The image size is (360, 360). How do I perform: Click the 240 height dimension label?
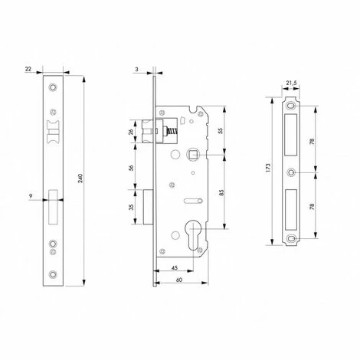[x=80, y=178]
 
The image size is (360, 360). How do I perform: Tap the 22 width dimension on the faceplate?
[x=28, y=69]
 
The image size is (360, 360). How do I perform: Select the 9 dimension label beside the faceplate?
[x=31, y=196]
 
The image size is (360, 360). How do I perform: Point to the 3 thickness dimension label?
[x=136, y=69]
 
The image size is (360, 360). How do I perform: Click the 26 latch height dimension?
[x=131, y=132]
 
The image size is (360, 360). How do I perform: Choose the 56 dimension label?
[x=131, y=168]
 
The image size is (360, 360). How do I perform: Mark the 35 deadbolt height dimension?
[x=132, y=207]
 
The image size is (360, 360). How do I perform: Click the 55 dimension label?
[x=221, y=130]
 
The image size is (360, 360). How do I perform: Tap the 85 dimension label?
[x=221, y=193]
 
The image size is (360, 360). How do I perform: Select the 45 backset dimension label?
[x=175, y=268]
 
